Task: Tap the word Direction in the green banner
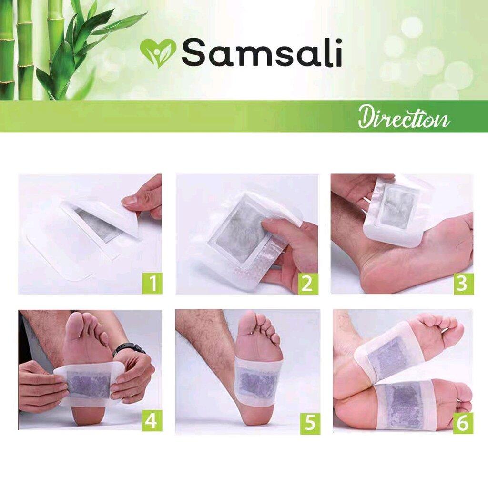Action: [404, 118]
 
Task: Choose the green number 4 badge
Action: [152, 421]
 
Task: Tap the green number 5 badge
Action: [310, 423]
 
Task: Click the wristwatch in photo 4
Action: [129, 349]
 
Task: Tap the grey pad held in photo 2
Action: [239, 236]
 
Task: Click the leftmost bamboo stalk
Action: [7, 50]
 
